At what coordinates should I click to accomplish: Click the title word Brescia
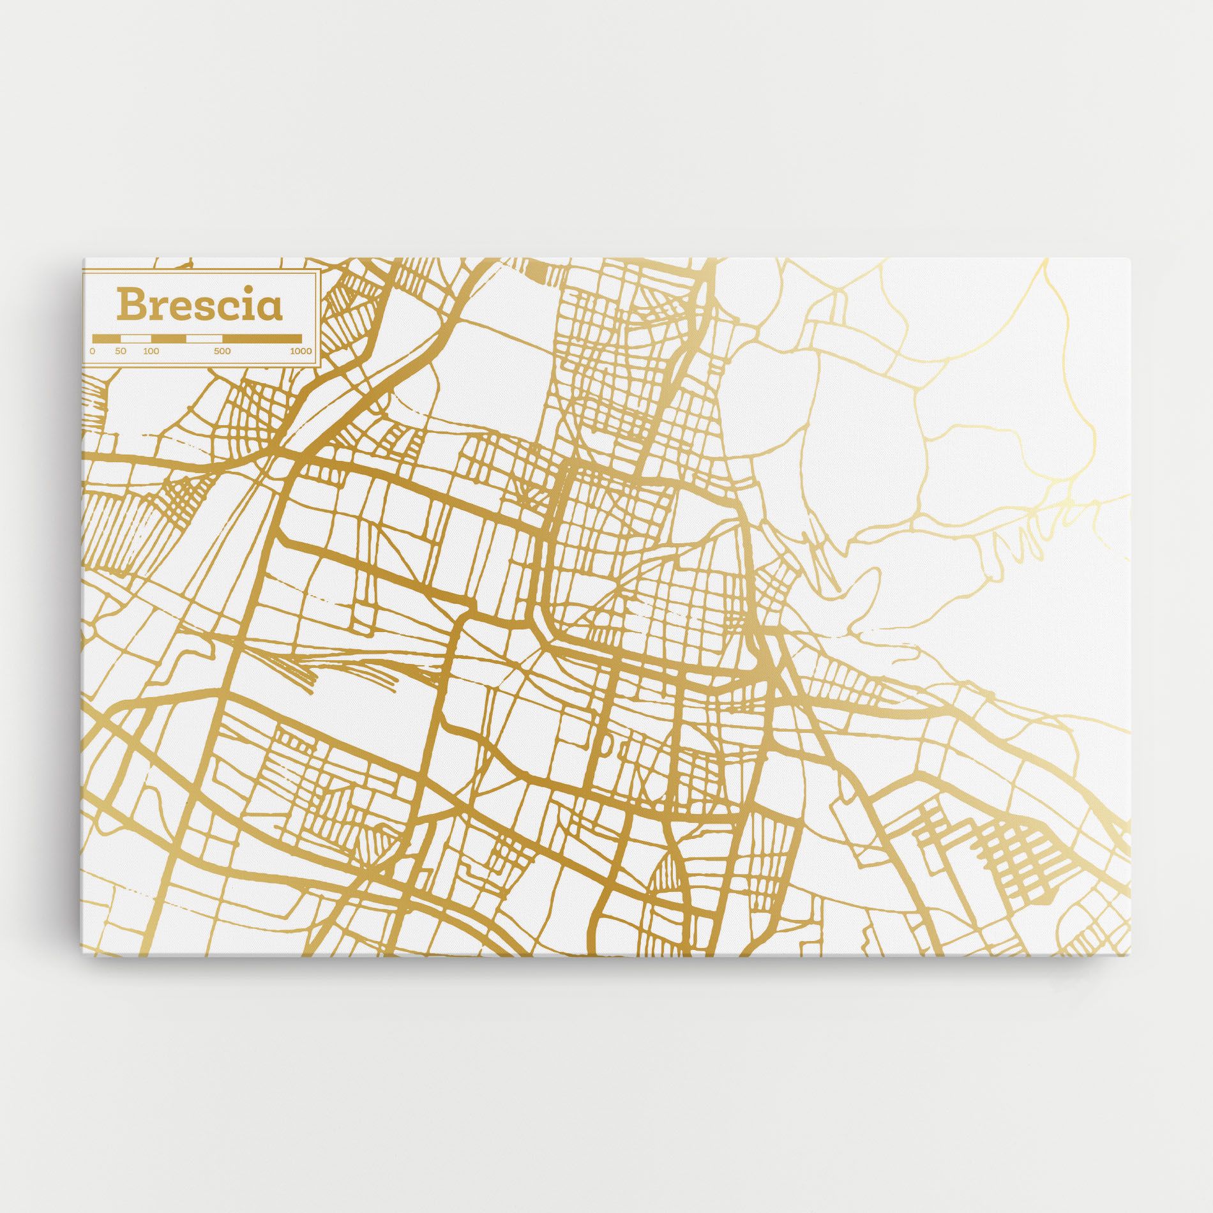[199, 306]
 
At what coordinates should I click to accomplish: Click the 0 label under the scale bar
[93, 351]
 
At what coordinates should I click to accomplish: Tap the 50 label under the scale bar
[121, 351]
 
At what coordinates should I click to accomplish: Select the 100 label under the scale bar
[151, 351]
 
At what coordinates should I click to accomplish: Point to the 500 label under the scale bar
[222, 351]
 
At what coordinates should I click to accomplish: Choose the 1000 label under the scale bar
[301, 351]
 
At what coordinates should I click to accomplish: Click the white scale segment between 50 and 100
[136, 338]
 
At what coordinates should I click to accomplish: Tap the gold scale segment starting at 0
[107, 338]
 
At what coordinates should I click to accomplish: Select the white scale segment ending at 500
[204, 338]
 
